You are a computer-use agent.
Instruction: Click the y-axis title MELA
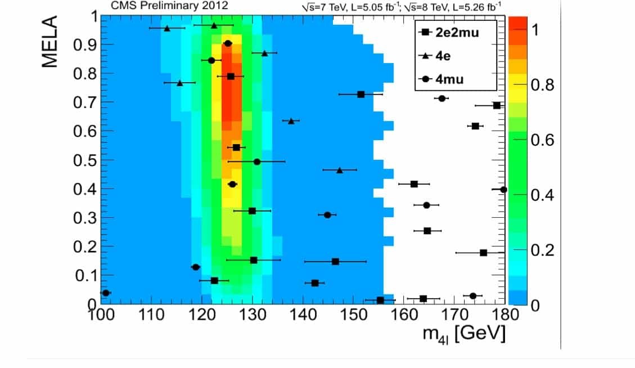[50, 42]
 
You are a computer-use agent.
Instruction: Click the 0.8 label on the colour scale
[543, 86]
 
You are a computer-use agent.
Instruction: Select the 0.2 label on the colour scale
[543, 250]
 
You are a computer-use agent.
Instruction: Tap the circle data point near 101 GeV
[105, 293]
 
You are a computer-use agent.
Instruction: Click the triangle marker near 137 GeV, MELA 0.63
[291, 121]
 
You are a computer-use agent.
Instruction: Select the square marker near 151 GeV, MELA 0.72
[361, 95]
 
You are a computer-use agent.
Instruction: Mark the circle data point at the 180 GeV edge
[503, 190]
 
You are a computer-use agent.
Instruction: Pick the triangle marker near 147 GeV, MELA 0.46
[339, 170]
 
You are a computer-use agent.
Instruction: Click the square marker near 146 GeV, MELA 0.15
[335, 262]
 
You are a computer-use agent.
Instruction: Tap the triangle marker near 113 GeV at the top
[166, 28]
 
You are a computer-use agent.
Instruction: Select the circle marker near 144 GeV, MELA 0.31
[327, 215]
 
